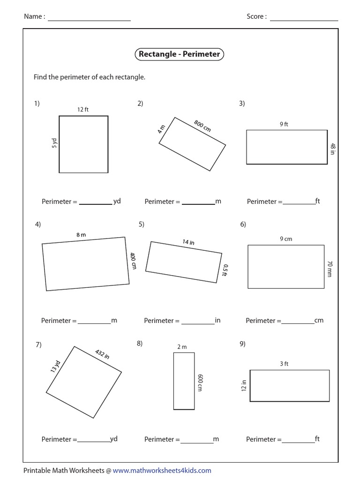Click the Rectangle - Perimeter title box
pos(179,54)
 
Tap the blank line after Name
pos(89,19)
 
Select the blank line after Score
pos(304,19)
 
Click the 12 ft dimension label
pos(83,110)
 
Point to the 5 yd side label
pos(54,142)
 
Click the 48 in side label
pos(332,149)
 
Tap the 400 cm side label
pos(133,261)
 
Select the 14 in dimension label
pos(188,242)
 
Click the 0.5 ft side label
pos(225,270)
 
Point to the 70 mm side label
pos(329,269)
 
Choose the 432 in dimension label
pos(102,354)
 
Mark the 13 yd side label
pos(55,367)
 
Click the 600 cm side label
pos(200,382)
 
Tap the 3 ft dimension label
pos(284,364)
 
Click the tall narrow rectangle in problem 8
pos(184,381)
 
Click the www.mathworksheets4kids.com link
pos(162,470)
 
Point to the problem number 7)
pos(39,345)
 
